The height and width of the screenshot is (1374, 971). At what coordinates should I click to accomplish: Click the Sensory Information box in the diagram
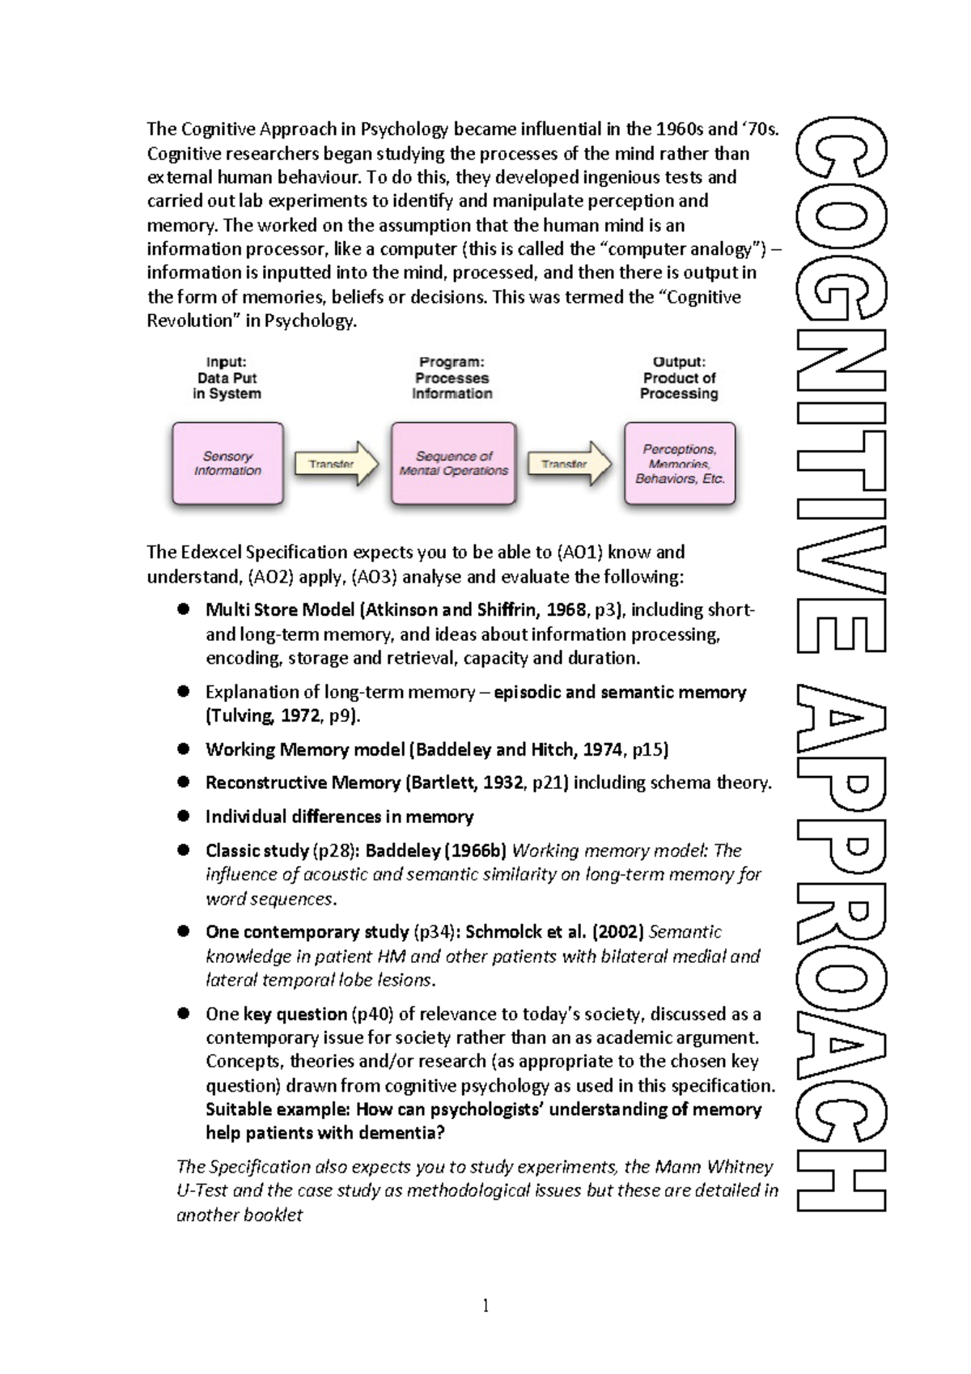click(x=227, y=464)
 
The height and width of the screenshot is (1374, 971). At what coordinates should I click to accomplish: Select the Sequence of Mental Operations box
click(x=453, y=464)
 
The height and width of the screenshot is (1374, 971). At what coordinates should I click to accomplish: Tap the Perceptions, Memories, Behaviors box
click(x=680, y=464)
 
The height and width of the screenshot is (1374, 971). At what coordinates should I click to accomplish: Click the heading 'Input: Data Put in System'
click(x=227, y=378)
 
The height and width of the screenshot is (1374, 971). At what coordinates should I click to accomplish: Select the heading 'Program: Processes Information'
click(x=452, y=378)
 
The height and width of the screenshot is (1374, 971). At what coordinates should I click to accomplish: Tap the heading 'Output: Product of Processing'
click(x=679, y=378)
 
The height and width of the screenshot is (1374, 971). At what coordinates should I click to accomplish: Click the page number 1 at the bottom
click(x=485, y=1305)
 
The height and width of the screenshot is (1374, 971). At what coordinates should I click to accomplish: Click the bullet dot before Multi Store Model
click(x=184, y=609)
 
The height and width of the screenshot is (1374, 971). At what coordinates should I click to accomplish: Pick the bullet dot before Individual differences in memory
click(x=184, y=816)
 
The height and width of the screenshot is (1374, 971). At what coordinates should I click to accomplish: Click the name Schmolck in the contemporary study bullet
click(x=503, y=932)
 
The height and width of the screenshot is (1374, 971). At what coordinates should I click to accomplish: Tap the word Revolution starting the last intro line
click(x=189, y=320)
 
